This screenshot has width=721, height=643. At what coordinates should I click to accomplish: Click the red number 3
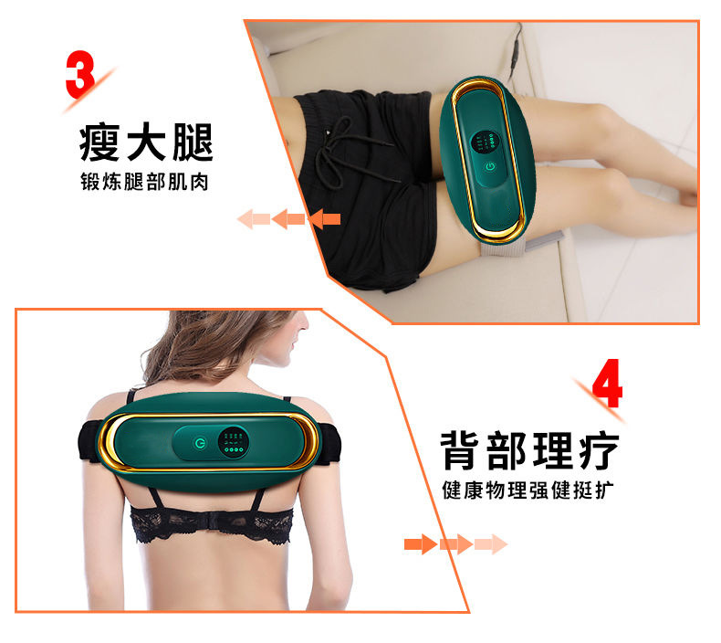[80, 74]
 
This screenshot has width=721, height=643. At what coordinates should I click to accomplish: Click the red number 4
[608, 383]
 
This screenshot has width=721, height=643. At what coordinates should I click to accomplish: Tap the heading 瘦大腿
[146, 142]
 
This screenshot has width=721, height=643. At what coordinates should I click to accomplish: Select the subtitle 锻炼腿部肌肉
[144, 182]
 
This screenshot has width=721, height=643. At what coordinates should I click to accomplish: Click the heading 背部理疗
[529, 450]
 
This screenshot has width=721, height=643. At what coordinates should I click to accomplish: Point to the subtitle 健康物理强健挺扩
[528, 490]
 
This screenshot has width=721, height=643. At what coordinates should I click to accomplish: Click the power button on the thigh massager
[491, 166]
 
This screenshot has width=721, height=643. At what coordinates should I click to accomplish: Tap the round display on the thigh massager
[486, 142]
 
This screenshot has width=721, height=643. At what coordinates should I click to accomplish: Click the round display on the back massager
[234, 442]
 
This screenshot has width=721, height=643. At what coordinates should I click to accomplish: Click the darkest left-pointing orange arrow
[325, 219]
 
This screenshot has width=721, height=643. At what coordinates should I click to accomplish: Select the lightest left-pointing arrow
[254, 219]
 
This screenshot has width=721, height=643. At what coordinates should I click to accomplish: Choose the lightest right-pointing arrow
[491, 544]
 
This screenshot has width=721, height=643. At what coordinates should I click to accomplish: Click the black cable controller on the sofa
[517, 50]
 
